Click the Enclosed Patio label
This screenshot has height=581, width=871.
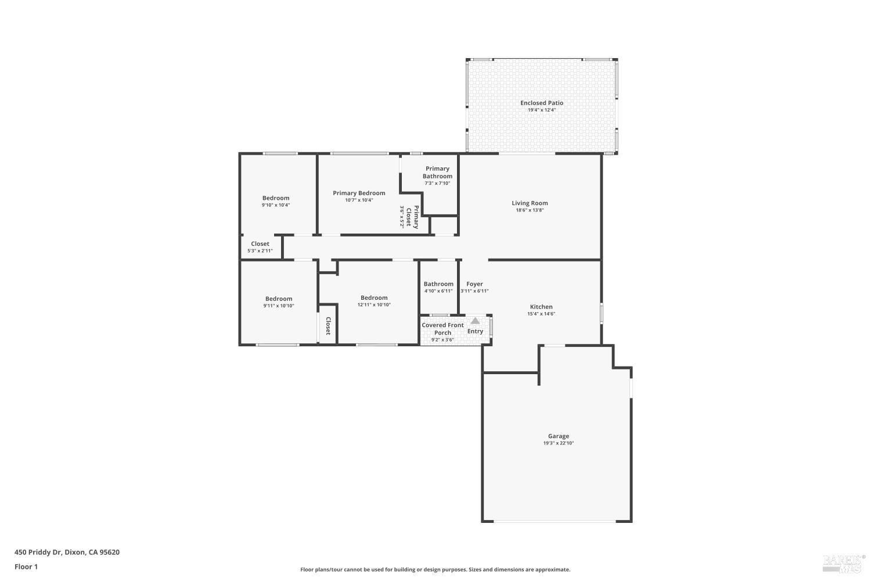541,103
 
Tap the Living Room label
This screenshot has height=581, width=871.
530,203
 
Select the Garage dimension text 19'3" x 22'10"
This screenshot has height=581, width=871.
559,443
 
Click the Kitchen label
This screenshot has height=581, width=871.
541,307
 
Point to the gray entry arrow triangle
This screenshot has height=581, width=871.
475,321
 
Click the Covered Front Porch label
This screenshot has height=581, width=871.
442,329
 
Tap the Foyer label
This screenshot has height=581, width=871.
474,284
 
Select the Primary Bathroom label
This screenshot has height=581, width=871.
437,173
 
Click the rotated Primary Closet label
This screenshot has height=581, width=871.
412,217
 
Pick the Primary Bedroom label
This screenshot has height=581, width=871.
359,193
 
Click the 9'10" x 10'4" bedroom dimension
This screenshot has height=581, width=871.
276,205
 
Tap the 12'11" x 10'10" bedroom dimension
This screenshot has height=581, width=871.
374,305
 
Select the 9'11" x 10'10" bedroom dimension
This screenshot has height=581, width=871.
279,306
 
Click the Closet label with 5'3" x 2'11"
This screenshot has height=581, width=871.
260,244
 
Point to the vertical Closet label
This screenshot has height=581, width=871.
328,326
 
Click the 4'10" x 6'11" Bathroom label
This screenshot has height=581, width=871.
438,284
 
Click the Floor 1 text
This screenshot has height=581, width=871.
26,566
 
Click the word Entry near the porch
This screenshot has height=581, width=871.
475,331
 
